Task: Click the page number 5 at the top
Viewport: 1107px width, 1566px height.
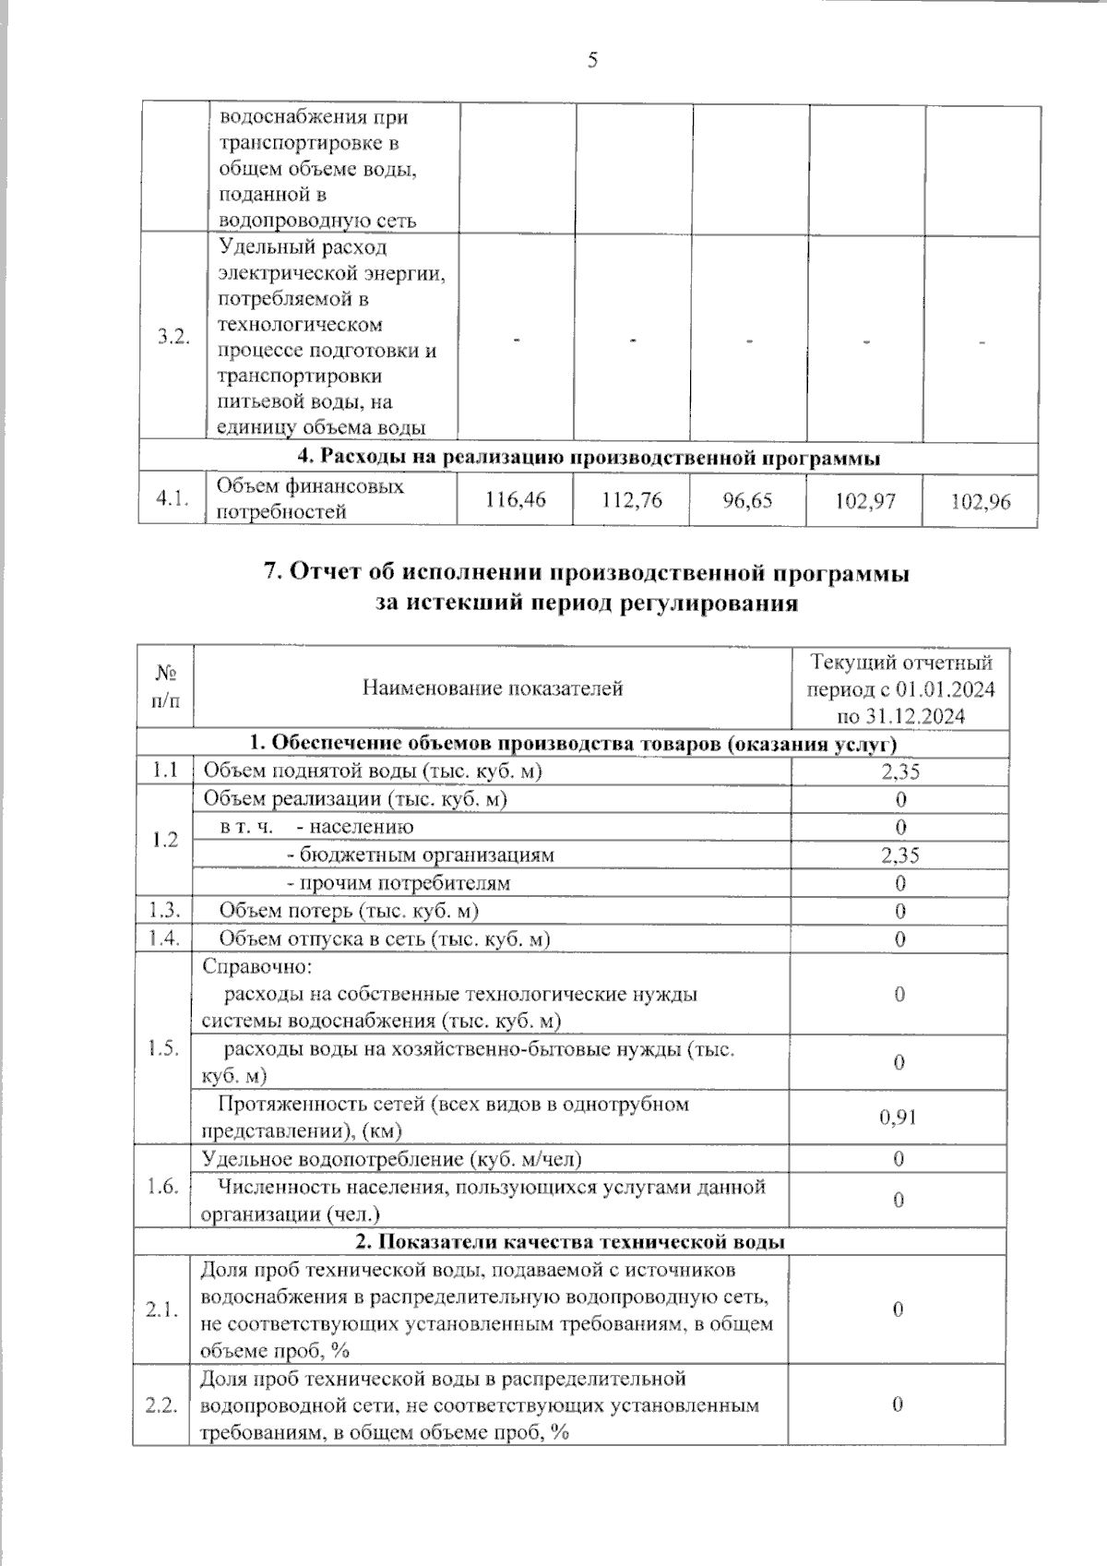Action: click(591, 61)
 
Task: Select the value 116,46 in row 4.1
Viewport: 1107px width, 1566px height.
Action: click(515, 499)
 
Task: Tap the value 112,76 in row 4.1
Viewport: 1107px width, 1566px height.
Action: click(632, 499)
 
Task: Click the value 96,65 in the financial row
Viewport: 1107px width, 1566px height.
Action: click(747, 500)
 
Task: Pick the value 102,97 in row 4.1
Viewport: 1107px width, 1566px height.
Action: click(865, 501)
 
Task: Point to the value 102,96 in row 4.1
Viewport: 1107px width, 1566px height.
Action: click(981, 501)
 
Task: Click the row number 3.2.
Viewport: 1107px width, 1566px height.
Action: click(173, 337)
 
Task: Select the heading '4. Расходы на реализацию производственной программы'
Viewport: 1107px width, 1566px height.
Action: click(588, 458)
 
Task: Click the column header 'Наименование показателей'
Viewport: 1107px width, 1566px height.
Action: click(493, 687)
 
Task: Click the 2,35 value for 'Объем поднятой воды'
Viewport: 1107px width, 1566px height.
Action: click(899, 771)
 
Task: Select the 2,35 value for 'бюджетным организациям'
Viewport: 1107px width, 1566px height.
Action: click(899, 855)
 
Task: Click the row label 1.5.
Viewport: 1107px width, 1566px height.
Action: click(163, 1048)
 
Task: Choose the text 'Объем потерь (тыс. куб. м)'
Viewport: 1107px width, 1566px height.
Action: click(349, 911)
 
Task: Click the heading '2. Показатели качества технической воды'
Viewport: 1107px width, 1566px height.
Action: click(569, 1241)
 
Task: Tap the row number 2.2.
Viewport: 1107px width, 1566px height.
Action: click(161, 1405)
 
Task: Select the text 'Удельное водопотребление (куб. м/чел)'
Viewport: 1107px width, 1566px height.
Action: click(391, 1159)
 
